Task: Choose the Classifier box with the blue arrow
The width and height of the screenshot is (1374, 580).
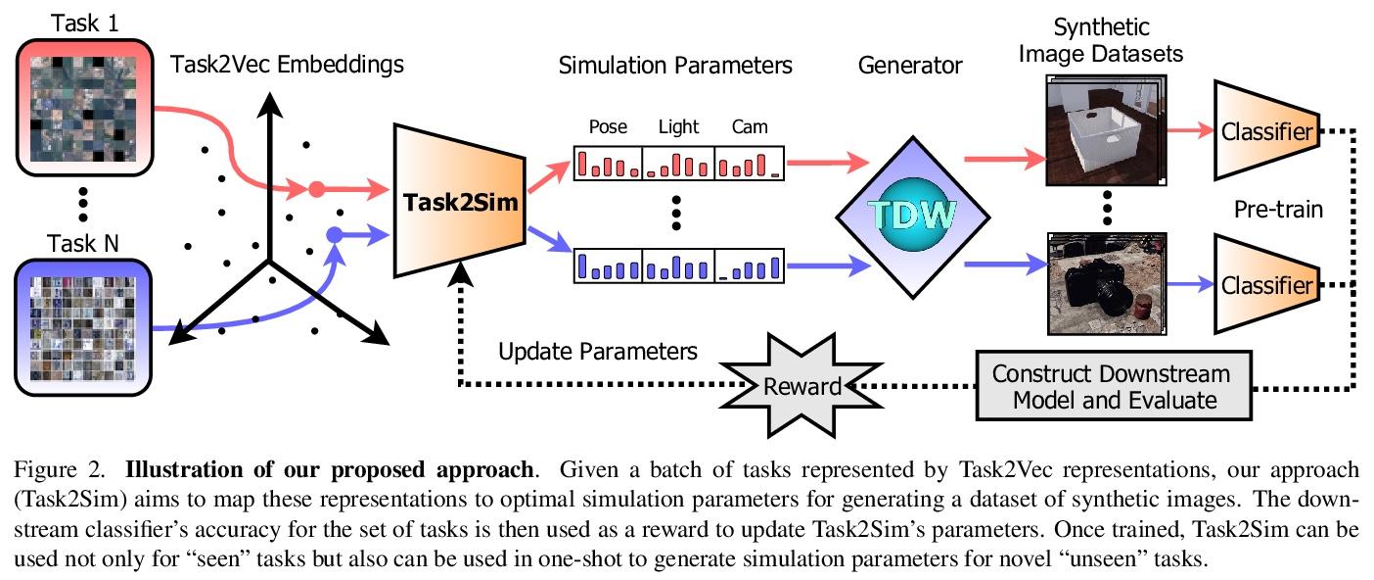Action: pyautogui.click(x=1263, y=284)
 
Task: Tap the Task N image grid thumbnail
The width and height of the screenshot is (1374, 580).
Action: pyautogui.click(x=83, y=328)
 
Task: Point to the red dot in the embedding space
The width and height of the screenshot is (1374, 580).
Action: pyautogui.click(x=316, y=189)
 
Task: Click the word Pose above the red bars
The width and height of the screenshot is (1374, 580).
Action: pyautogui.click(x=608, y=126)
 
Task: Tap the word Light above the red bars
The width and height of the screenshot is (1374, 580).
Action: pyautogui.click(x=678, y=126)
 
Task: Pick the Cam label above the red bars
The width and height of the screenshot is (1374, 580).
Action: pyautogui.click(x=750, y=126)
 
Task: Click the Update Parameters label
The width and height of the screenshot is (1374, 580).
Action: pyautogui.click(x=597, y=351)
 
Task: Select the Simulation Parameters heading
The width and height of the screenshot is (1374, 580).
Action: pyautogui.click(x=674, y=67)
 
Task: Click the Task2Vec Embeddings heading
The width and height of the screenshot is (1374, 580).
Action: pyautogui.click(x=287, y=65)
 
